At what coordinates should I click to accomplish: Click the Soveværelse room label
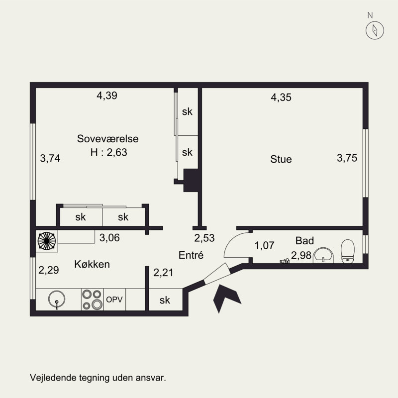107,139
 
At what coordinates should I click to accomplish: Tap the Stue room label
281,159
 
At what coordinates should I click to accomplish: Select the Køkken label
92,264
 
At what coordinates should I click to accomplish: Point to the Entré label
191,255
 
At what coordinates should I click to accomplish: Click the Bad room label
304,241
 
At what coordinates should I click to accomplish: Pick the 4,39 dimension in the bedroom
107,96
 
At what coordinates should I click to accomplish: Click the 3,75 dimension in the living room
347,158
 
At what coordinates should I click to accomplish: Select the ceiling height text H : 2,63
108,152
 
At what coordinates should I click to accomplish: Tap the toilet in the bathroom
347,251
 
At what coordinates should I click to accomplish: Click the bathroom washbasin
323,255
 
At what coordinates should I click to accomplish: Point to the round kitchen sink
57,299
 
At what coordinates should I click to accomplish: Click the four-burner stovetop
92,299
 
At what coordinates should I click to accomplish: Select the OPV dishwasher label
114,299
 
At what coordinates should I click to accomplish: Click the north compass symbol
375,30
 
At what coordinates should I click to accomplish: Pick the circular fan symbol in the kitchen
47,241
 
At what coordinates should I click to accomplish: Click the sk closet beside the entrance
165,300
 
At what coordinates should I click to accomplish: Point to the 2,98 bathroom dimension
301,255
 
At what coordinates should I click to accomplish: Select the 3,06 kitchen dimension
109,238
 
